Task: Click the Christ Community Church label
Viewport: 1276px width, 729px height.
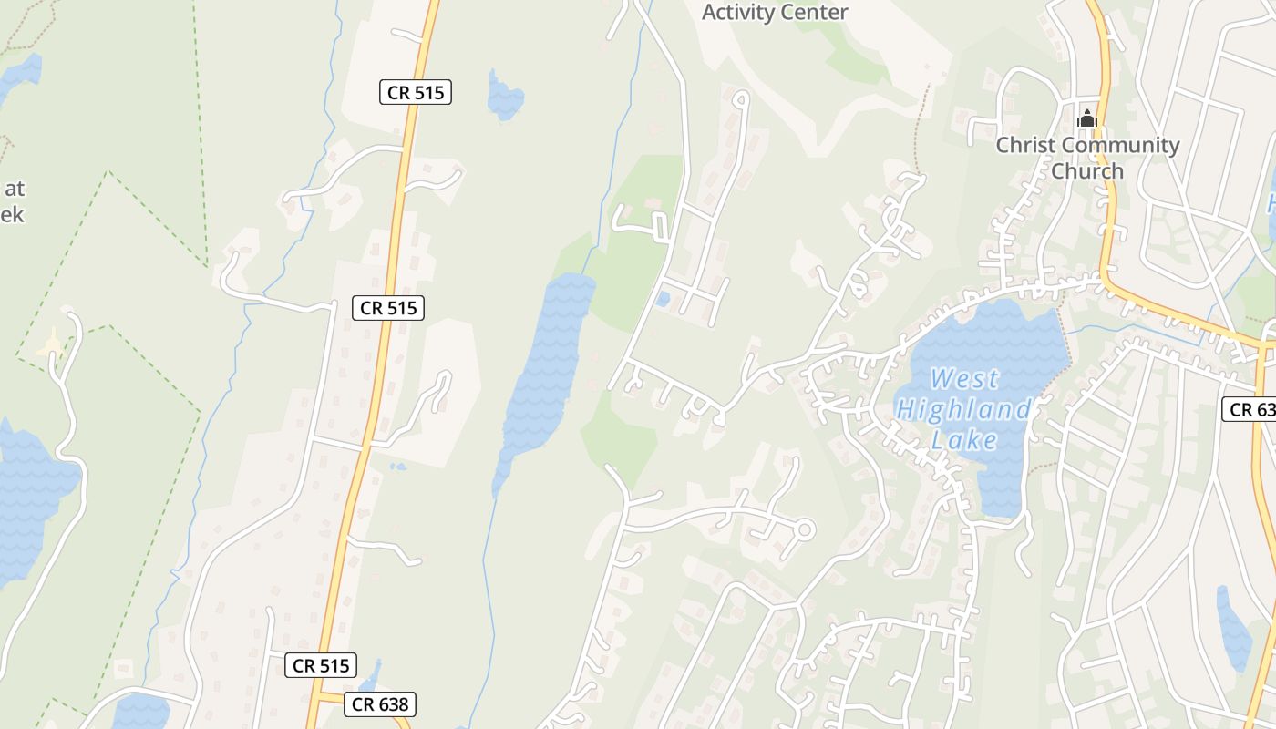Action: click(1086, 158)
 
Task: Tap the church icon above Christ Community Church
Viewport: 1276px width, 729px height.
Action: click(1086, 118)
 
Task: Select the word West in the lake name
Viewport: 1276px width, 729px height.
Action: click(965, 378)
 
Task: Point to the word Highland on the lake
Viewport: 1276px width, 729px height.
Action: click(963, 409)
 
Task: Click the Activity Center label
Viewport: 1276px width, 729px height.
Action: click(775, 13)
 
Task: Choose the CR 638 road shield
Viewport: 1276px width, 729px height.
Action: click(381, 703)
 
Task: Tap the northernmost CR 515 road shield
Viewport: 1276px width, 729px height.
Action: click(416, 91)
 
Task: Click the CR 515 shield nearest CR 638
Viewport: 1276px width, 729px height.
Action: click(320, 665)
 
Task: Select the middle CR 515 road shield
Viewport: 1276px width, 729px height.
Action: click(388, 308)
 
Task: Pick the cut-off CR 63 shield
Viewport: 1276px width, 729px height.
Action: click(1251, 409)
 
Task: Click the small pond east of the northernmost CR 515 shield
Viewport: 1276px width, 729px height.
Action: click(504, 97)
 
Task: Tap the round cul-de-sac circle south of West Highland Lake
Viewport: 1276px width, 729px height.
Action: click(804, 529)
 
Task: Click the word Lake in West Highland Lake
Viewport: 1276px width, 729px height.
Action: click(964, 440)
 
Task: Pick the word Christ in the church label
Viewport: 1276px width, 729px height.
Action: click(1024, 145)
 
